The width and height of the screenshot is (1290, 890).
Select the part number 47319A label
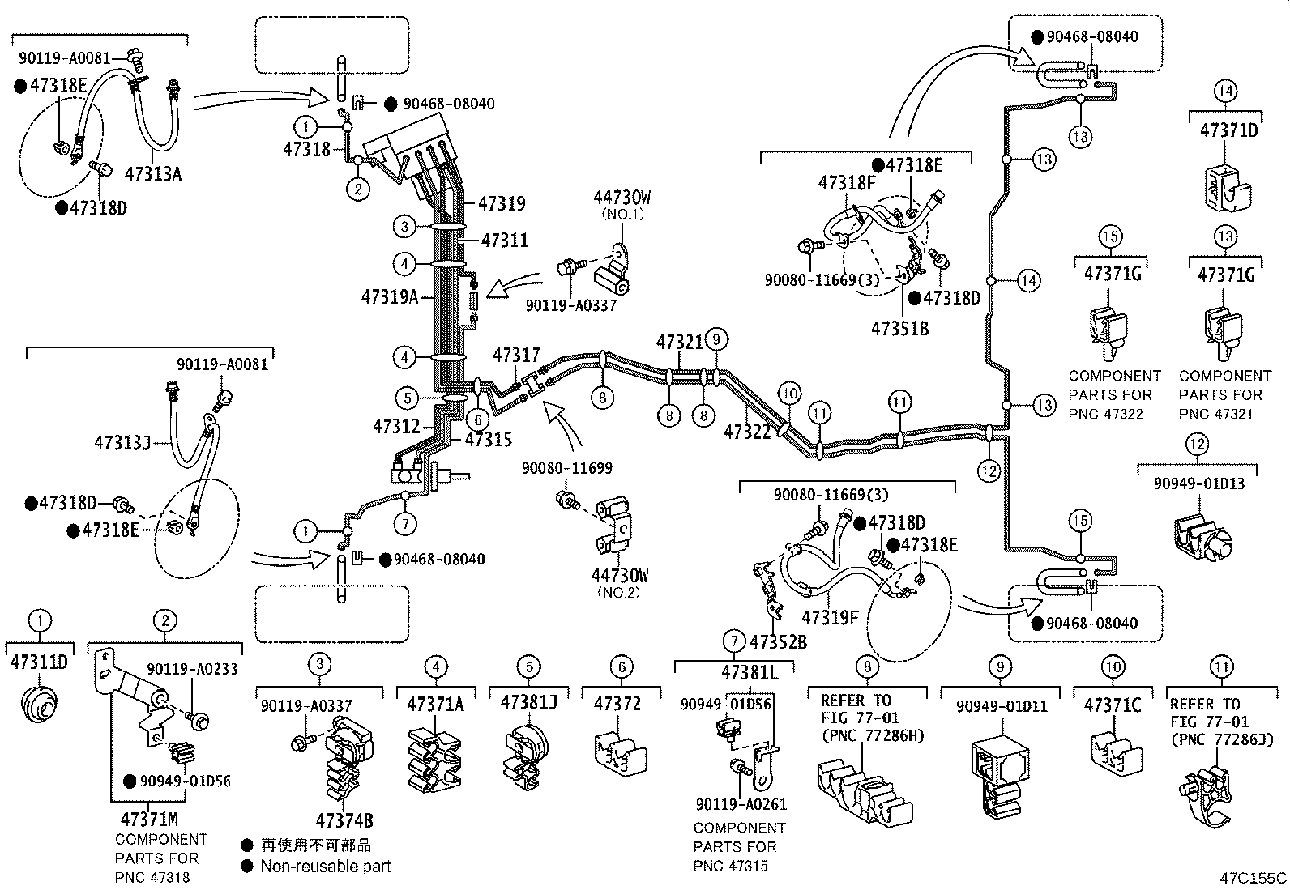(x=390, y=297)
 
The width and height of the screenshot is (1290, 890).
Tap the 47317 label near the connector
(x=516, y=356)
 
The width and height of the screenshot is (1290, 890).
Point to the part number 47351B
(x=899, y=329)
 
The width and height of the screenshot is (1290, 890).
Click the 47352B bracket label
(x=778, y=643)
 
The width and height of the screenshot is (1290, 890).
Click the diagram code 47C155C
(x=1253, y=878)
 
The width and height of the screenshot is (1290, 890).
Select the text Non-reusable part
(x=326, y=867)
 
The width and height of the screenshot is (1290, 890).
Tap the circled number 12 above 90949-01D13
(x=1196, y=443)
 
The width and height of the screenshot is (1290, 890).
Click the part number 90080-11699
(x=566, y=468)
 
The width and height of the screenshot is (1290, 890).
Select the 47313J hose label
(x=123, y=442)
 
